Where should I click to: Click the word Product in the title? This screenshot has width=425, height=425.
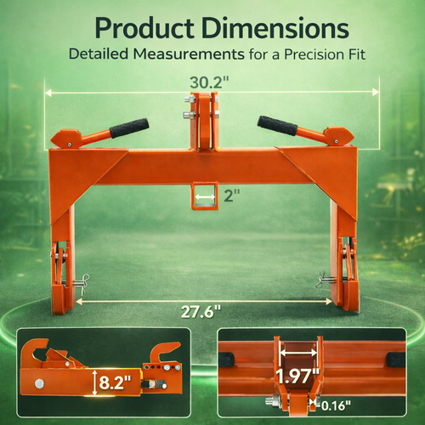144,28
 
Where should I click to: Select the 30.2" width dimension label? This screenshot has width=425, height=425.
209,82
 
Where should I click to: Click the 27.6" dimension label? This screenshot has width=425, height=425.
201,312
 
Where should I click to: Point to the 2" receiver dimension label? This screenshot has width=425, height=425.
232,195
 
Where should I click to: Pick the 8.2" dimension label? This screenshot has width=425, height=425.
115,382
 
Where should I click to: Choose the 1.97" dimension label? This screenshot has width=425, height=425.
297,377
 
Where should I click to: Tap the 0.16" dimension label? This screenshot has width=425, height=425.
336,405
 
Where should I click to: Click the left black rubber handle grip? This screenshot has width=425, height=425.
129,128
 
